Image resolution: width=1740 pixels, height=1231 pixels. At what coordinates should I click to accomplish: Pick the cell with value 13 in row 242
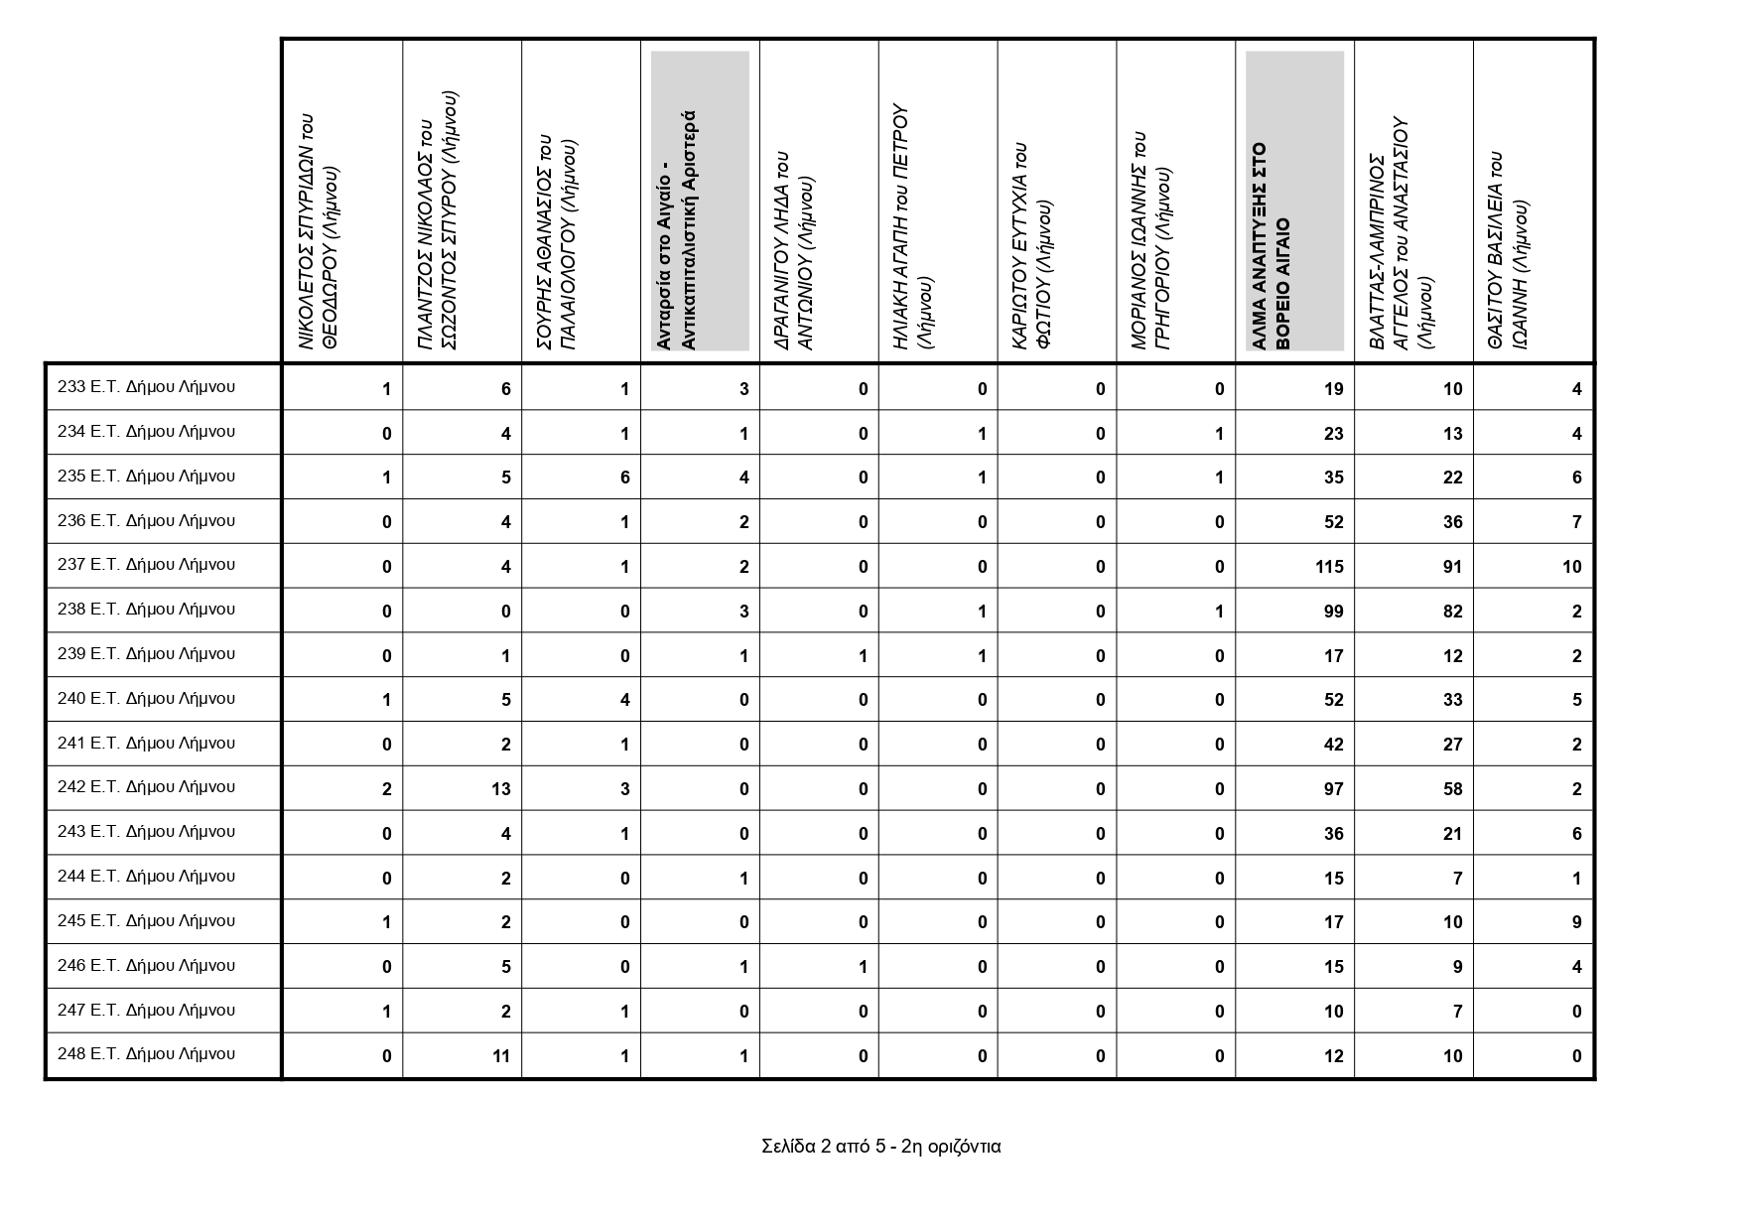(500, 789)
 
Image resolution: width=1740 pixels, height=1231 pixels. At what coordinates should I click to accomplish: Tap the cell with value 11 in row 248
(500, 1056)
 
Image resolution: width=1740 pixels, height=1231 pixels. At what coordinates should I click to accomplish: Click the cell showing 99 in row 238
(1332, 612)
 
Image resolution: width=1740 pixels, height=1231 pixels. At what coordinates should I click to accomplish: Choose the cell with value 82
(1451, 612)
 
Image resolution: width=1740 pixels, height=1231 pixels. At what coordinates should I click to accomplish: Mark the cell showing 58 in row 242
(1451, 789)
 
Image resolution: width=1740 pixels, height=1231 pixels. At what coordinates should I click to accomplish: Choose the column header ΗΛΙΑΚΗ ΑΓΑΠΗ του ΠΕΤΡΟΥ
(912, 226)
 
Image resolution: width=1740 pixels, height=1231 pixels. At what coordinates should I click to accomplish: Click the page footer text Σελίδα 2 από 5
(880, 1147)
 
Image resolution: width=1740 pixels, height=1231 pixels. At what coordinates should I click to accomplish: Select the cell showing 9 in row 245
(1576, 922)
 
